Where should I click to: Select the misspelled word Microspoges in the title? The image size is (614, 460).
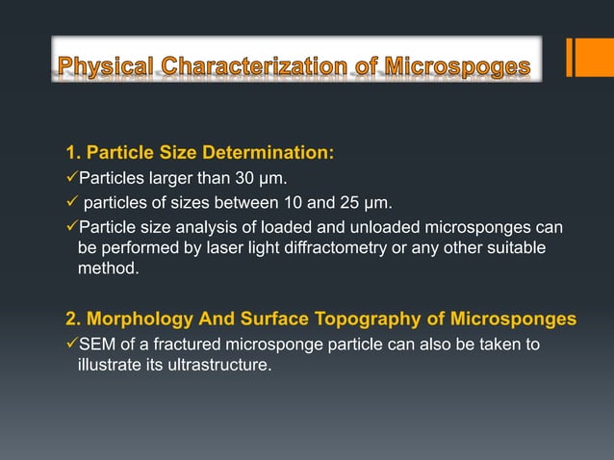(x=457, y=66)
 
